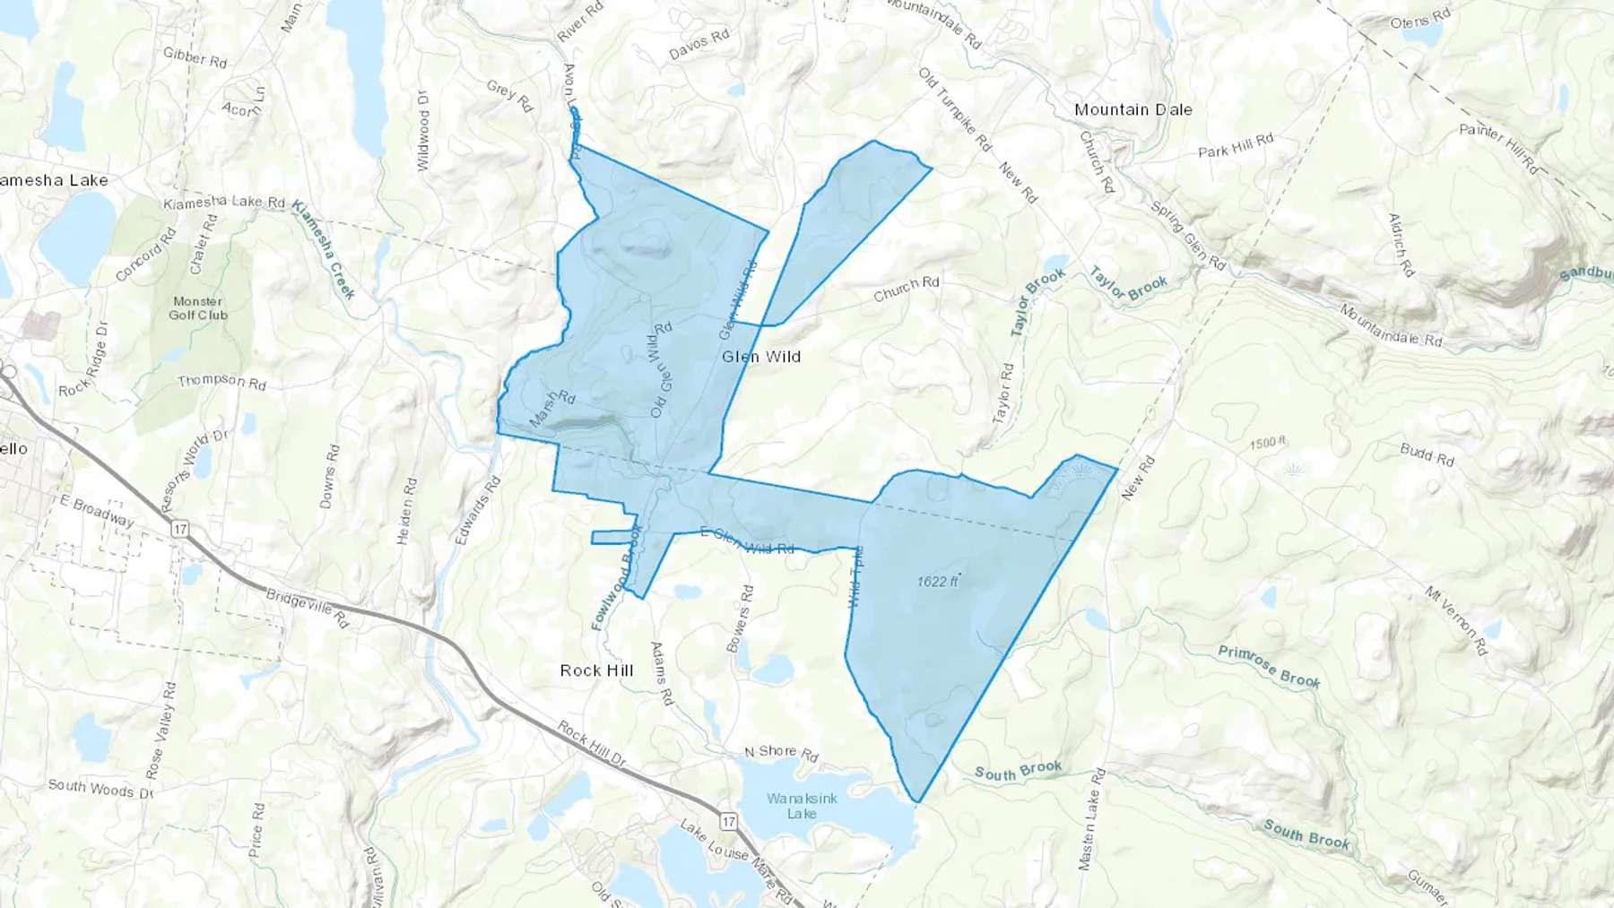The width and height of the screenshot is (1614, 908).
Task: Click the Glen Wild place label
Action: point(761,357)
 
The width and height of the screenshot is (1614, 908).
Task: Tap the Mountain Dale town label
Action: point(1133,109)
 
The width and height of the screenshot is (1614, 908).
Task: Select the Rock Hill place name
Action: point(596,670)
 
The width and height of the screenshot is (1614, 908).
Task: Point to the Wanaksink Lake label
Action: point(802,806)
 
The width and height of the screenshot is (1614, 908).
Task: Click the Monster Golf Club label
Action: point(198,308)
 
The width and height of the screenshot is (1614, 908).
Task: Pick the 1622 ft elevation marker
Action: point(937,582)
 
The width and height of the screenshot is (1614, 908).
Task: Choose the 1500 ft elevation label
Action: point(1267,443)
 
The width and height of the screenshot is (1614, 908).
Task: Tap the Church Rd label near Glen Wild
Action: point(907,288)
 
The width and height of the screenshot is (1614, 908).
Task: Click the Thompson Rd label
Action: point(221,382)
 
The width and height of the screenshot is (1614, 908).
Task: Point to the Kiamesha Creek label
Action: point(325,248)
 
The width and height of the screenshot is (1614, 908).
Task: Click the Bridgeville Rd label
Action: point(307,608)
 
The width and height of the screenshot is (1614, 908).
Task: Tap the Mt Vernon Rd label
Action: point(1456,620)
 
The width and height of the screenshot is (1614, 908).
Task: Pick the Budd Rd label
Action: point(1427,454)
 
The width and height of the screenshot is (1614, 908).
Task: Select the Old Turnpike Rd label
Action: point(956,108)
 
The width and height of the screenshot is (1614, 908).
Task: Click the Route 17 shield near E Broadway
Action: point(180,529)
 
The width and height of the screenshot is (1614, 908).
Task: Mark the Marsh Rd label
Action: point(551,409)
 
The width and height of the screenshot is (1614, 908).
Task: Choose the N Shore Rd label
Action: point(781,753)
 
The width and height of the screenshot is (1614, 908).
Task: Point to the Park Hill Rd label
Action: point(1236,145)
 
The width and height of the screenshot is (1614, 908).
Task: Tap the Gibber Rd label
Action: point(195,58)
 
